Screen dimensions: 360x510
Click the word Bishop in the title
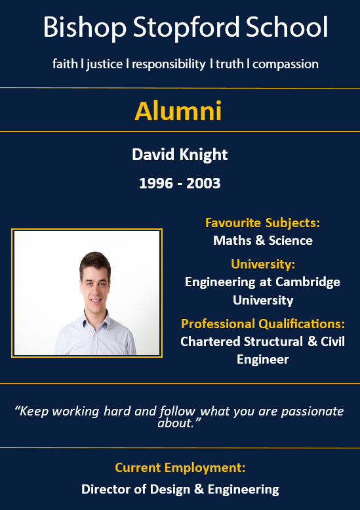(85, 28)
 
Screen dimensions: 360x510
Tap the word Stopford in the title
(186, 28)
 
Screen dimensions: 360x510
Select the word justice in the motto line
(104, 64)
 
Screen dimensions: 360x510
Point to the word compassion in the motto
(285, 64)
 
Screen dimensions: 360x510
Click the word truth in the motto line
(230, 64)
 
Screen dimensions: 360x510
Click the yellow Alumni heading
(178, 111)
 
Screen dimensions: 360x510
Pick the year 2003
(203, 183)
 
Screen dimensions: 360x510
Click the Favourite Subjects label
(262, 223)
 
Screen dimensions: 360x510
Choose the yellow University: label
(263, 264)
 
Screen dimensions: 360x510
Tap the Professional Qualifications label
(263, 324)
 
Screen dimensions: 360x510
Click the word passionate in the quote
(312, 412)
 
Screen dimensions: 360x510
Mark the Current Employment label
(180, 468)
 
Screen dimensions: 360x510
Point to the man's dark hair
(95, 262)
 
